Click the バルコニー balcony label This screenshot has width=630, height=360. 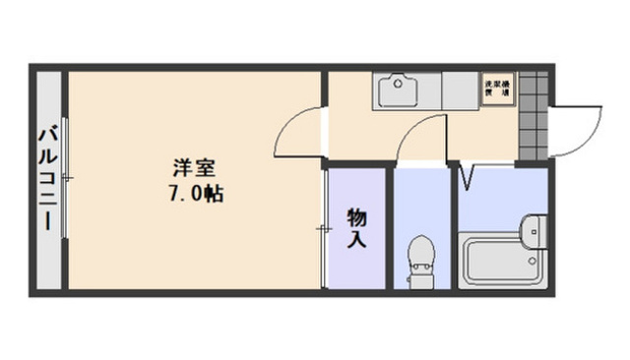pos(45,178)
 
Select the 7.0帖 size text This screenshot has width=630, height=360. pos(194,194)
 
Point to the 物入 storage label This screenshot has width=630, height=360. pos(356,227)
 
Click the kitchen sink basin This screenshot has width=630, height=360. pos(400,91)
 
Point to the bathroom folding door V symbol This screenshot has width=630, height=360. pos(468,177)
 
